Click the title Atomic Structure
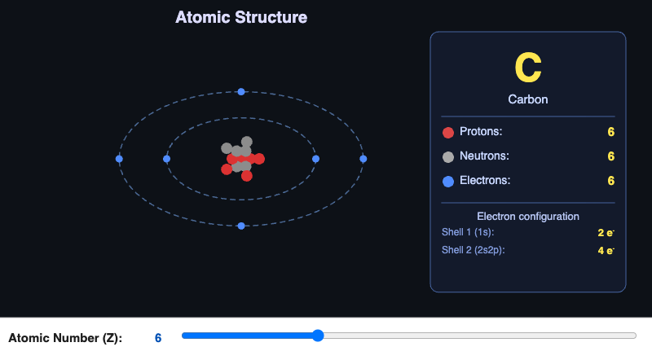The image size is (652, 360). (x=241, y=17)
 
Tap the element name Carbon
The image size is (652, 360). (x=527, y=99)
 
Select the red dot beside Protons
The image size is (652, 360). (x=447, y=133)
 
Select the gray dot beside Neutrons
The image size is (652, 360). (x=447, y=156)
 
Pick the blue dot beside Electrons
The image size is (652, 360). (x=447, y=181)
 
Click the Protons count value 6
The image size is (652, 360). (x=610, y=132)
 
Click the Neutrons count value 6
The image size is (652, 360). (x=610, y=156)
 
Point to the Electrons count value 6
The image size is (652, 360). (x=610, y=181)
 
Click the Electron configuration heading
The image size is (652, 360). (x=527, y=217)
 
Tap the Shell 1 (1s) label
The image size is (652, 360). (x=468, y=232)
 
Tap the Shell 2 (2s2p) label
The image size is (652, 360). (x=473, y=250)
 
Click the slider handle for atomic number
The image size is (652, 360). (x=318, y=336)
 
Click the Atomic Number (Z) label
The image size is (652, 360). (x=65, y=338)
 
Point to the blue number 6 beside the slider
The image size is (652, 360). (x=158, y=338)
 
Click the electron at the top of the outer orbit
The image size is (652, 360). (x=241, y=92)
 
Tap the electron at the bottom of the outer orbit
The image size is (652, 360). (x=241, y=226)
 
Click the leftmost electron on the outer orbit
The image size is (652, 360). (x=120, y=159)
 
